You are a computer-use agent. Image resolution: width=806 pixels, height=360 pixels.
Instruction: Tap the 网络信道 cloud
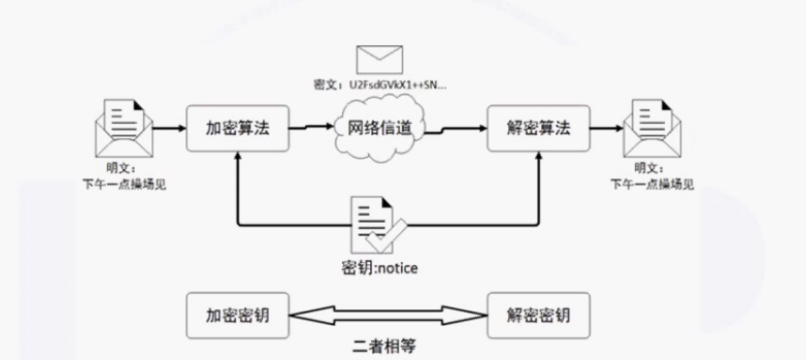[x=380, y=128]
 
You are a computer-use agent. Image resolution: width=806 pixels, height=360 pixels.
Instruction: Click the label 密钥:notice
[x=379, y=267]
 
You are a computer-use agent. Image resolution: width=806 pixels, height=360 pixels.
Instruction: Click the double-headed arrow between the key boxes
[x=387, y=317]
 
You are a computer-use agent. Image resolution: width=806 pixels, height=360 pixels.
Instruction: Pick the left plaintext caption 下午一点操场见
[x=120, y=183]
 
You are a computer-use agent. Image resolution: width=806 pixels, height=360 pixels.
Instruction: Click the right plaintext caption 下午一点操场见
[x=651, y=183]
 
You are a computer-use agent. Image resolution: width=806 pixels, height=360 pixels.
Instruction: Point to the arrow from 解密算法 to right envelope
[x=606, y=127]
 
